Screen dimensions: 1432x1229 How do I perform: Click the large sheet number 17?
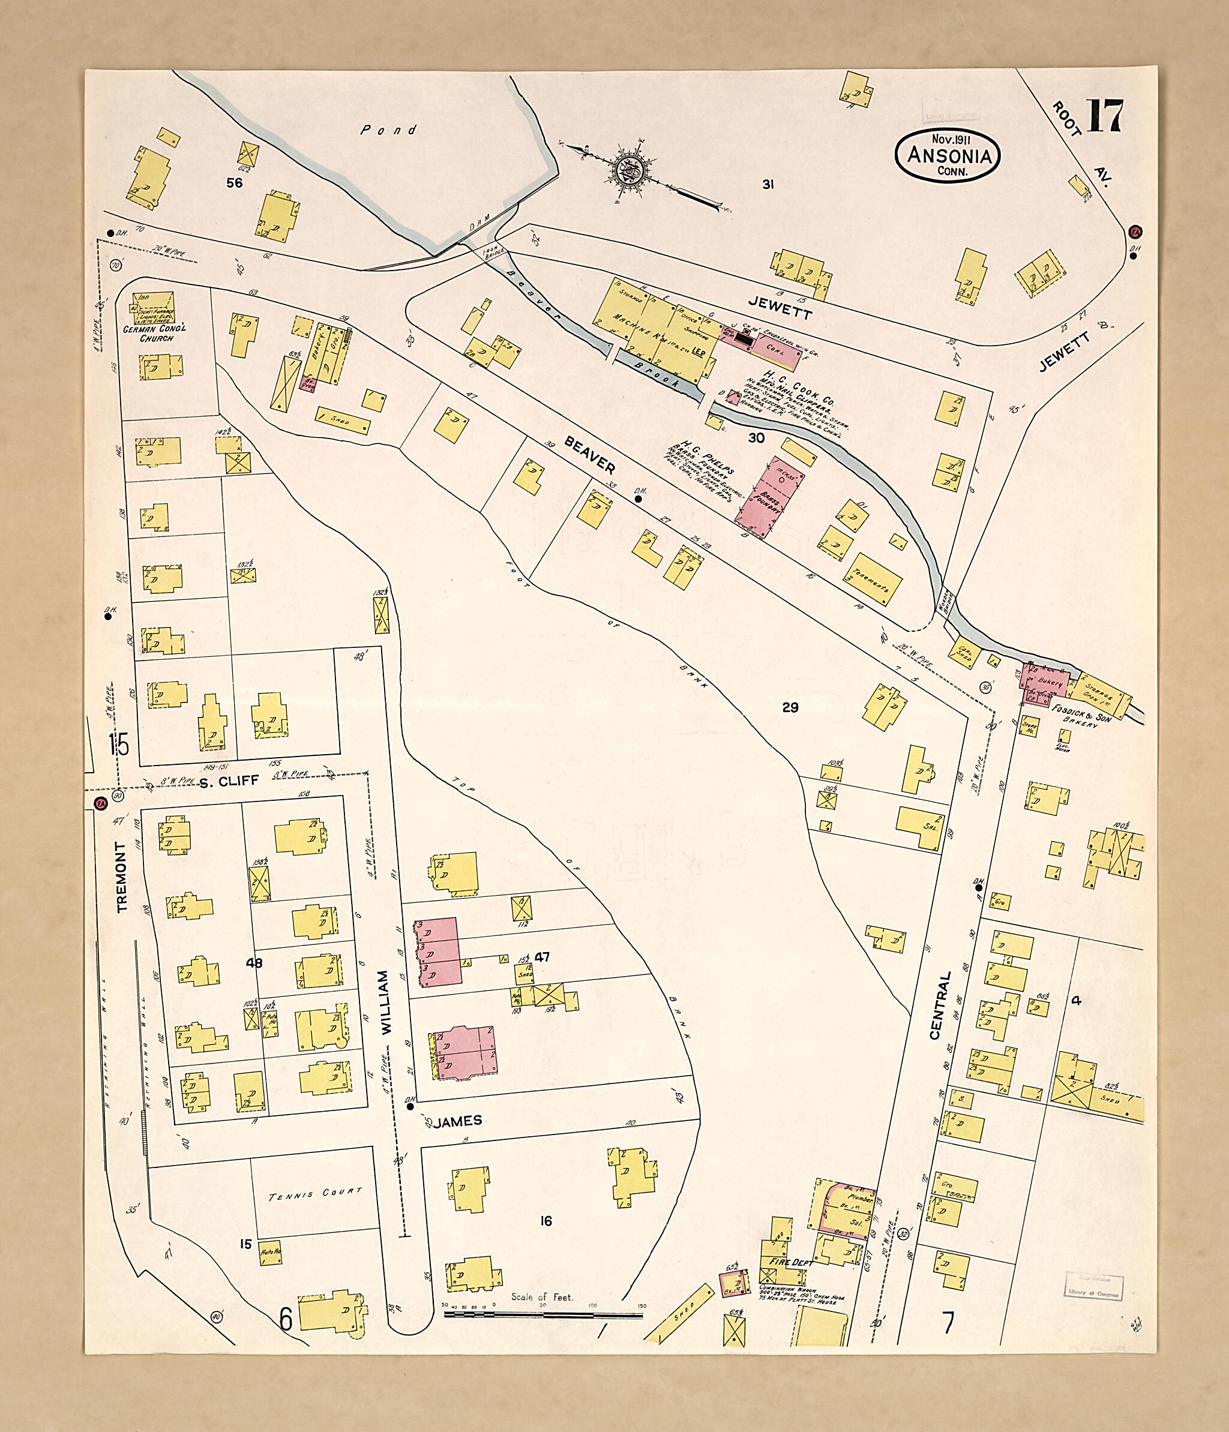(x=1105, y=117)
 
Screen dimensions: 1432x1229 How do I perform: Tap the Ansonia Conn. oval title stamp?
(x=946, y=156)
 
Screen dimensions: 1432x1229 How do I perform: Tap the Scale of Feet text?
(x=542, y=1297)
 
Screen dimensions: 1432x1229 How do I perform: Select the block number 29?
(x=790, y=707)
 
